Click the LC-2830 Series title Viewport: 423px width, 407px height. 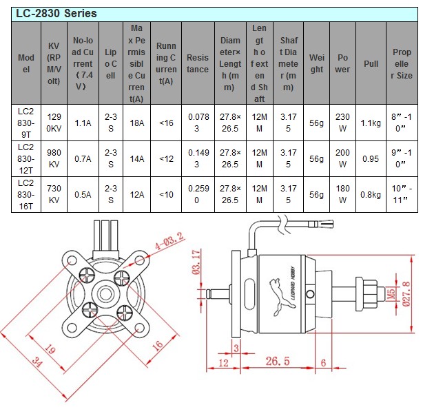[x=57, y=13]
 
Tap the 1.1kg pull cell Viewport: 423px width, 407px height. [x=370, y=123]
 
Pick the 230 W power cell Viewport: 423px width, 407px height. [x=342, y=123]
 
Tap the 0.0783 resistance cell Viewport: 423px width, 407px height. [x=197, y=123]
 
